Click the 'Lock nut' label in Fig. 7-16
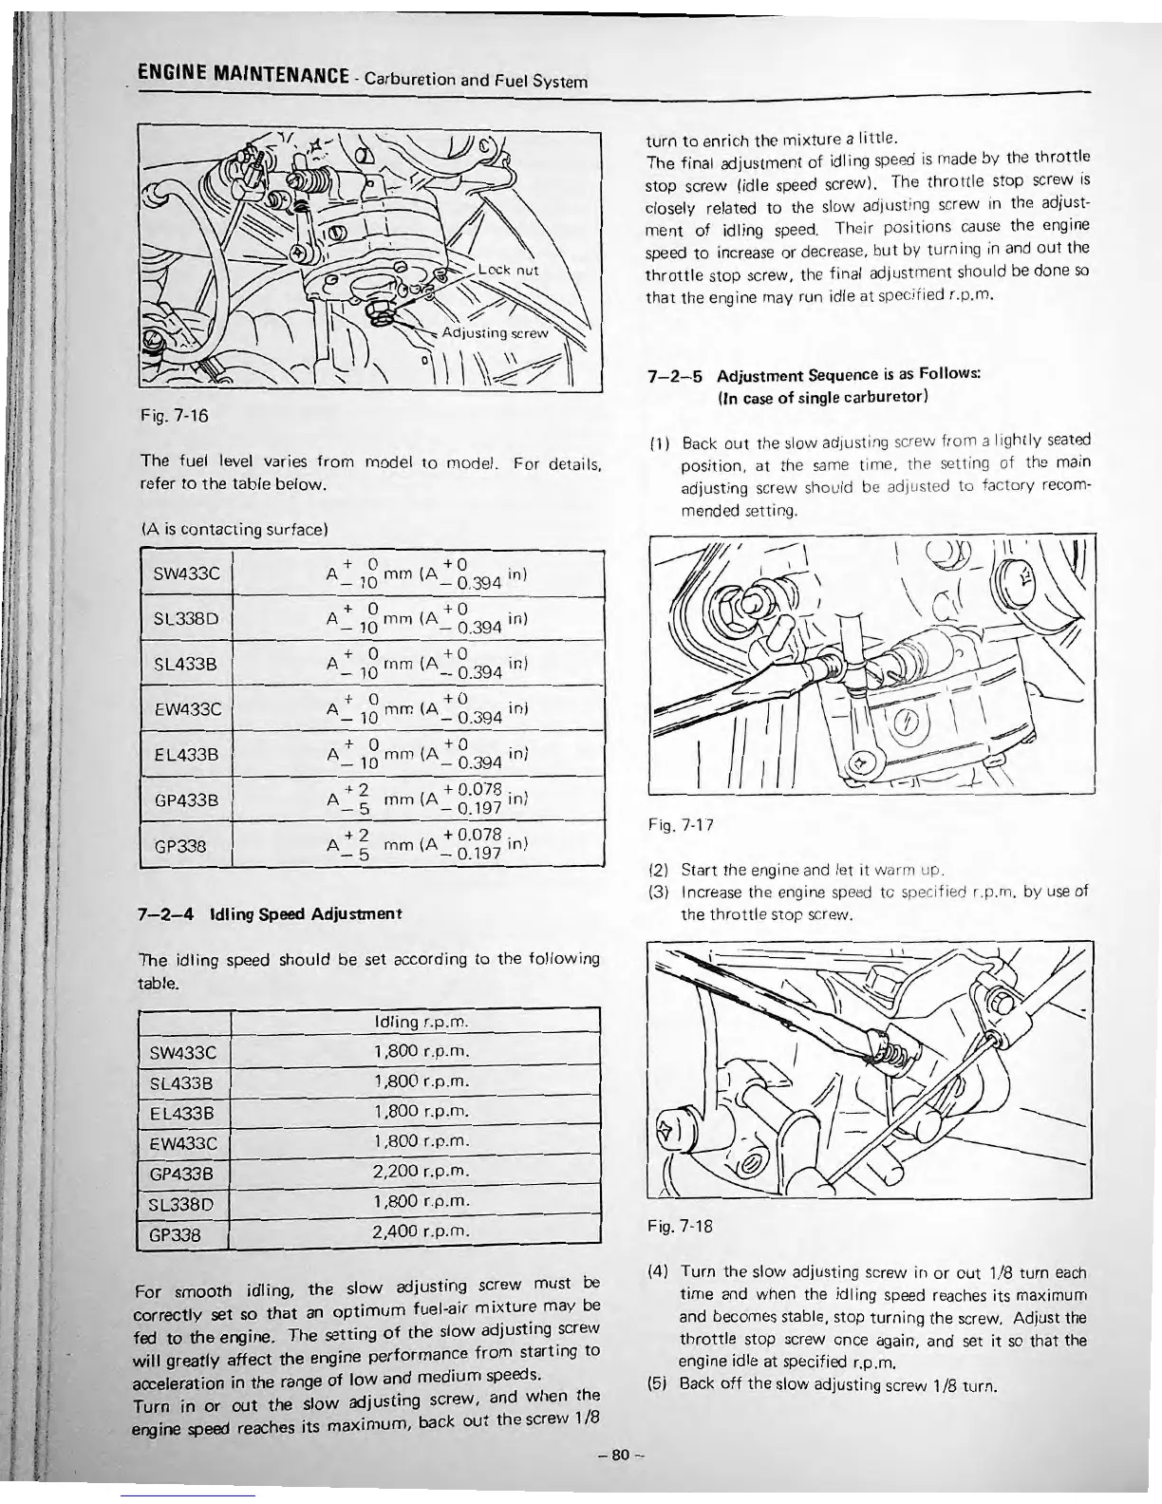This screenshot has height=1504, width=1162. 510,271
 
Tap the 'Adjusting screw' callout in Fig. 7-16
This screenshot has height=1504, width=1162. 495,333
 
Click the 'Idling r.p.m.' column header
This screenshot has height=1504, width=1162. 422,1022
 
